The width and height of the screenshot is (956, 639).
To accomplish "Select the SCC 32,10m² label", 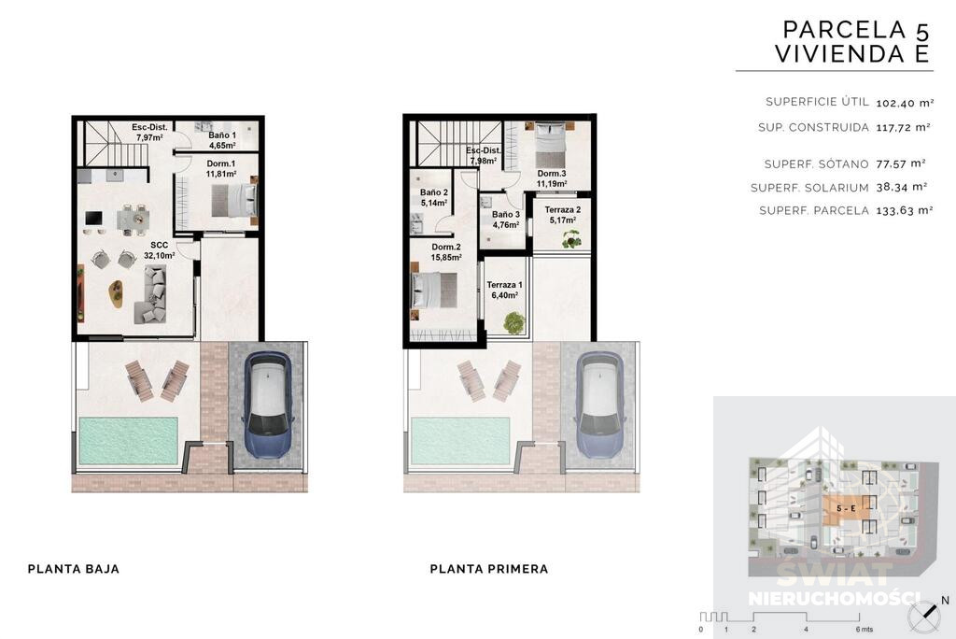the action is point(159,250).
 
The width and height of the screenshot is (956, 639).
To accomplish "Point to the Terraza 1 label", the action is point(504,290).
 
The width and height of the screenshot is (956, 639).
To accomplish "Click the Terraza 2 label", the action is point(562,215).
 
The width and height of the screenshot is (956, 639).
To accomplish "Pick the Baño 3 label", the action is point(506,220).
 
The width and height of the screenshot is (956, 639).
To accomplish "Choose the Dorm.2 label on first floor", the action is point(445,252).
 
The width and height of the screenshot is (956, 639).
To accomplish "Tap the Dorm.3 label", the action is point(551,178).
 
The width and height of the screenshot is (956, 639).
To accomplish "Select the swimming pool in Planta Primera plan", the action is point(460,441).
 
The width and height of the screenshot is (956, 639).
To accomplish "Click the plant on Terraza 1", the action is point(514,323).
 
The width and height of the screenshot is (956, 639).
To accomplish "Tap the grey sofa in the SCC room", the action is point(154,294).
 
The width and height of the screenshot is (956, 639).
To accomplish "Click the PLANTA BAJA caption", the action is point(74,569).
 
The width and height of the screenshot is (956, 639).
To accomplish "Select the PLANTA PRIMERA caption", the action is point(489,569).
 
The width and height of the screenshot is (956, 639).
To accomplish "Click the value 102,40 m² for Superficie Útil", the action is point(905,103).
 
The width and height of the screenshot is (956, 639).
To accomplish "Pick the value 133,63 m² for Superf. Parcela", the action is point(905,210).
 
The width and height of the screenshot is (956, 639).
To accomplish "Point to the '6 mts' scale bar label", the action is point(864,630).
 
